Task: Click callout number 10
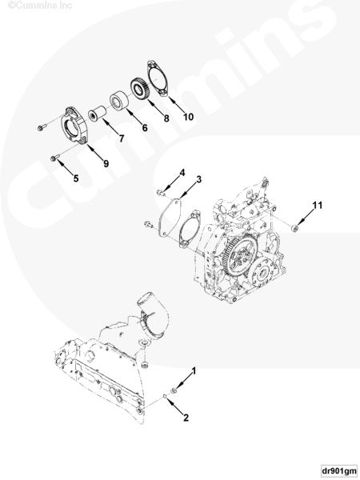tap(188, 117)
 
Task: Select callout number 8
tap(166, 118)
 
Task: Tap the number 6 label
tap(145, 128)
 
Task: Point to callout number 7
tap(122, 138)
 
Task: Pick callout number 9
tap(106, 163)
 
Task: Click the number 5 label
tap(76, 178)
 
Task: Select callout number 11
tap(318, 205)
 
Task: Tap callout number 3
tap(199, 179)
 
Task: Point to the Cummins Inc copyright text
tap(40, 5)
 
